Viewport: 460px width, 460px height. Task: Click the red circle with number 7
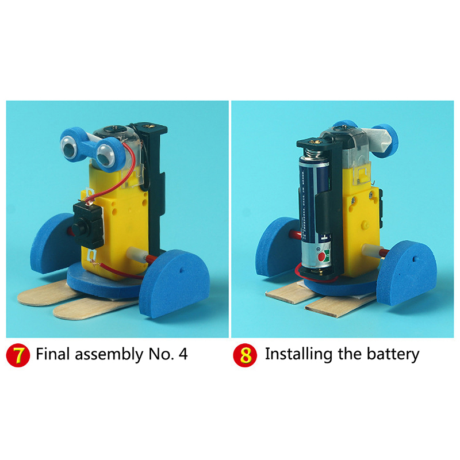point(18,355)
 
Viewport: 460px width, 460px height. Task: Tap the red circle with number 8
point(245,355)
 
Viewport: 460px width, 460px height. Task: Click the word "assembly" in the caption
point(109,354)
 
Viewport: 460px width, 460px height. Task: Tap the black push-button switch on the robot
point(88,225)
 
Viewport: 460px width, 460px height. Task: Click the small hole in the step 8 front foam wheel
point(414,259)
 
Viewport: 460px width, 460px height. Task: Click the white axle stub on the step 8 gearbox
point(371,250)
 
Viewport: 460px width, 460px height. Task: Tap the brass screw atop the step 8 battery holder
point(316,142)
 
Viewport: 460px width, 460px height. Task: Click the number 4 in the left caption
point(183,354)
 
